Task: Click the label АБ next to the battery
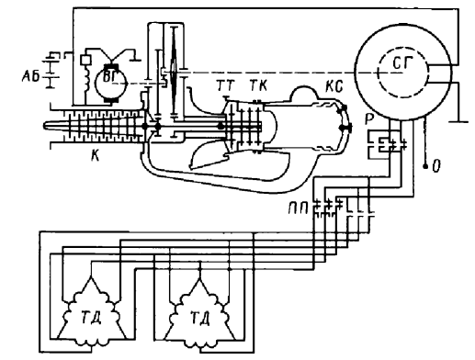[x=30, y=76]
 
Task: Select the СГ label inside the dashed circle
[x=402, y=63]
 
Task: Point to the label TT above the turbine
[x=226, y=86]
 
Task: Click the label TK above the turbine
[x=258, y=85]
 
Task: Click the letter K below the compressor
[x=96, y=156]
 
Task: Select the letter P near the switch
[x=368, y=119]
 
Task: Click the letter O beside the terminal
[x=436, y=166]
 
